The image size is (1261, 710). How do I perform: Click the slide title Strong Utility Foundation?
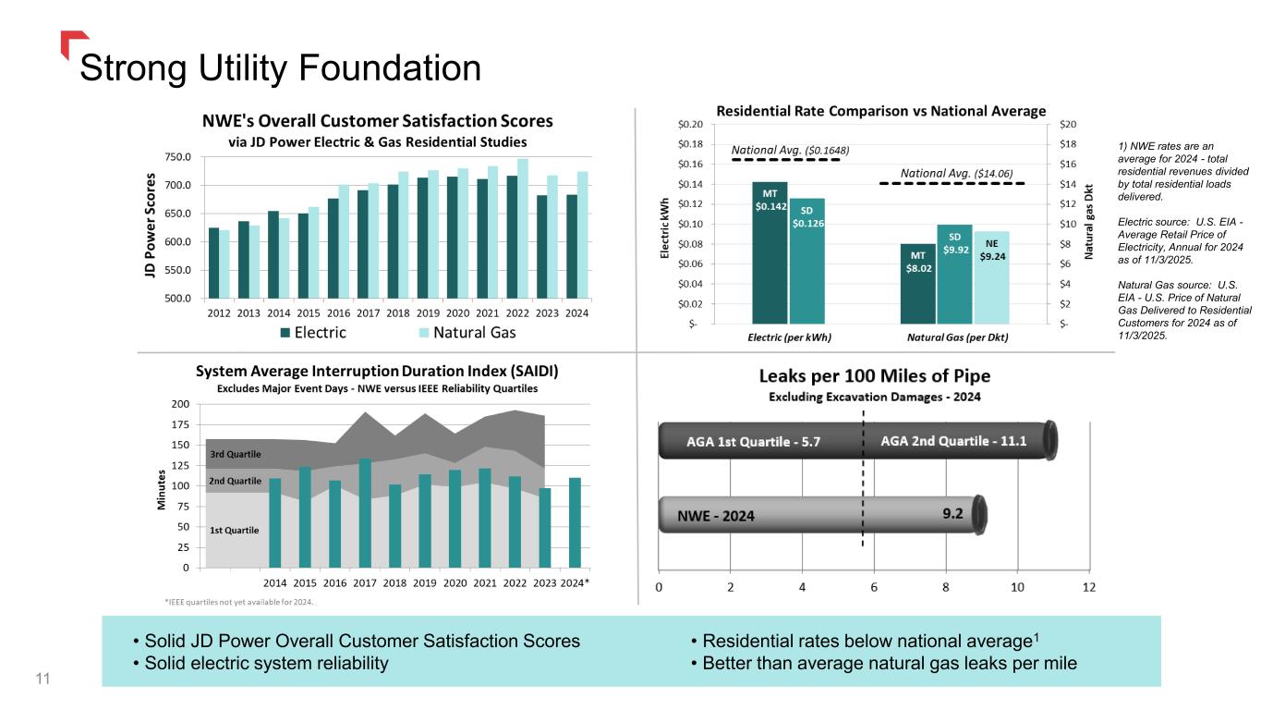click(x=281, y=67)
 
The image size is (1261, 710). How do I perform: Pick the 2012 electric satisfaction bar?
click(x=214, y=263)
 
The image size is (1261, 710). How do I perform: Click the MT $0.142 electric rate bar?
click(x=770, y=252)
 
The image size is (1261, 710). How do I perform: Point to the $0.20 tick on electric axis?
click(x=690, y=124)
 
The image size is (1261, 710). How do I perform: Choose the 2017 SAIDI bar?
click(x=365, y=513)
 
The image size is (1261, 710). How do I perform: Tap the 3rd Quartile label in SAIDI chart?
click(x=236, y=455)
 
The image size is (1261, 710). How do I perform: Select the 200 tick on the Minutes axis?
click(x=179, y=405)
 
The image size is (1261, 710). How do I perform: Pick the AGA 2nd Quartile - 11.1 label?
click(x=953, y=440)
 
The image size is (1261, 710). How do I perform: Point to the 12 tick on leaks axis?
click(x=1089, y=588)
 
